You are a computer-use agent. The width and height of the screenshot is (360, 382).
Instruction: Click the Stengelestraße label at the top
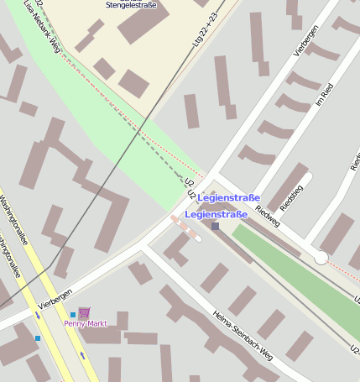click(131, 5)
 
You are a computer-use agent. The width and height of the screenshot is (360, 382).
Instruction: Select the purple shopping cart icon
click(84, 312)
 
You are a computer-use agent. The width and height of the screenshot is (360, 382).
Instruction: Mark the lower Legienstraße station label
click(216, 215)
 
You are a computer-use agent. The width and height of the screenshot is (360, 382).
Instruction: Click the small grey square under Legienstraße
click(216, 226)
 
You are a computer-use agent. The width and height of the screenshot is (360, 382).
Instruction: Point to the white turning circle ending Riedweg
click(321, 258)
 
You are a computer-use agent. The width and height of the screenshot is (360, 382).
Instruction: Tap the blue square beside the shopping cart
click(73, 315)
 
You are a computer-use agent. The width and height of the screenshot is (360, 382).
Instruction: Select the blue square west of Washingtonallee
click(38, 338)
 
